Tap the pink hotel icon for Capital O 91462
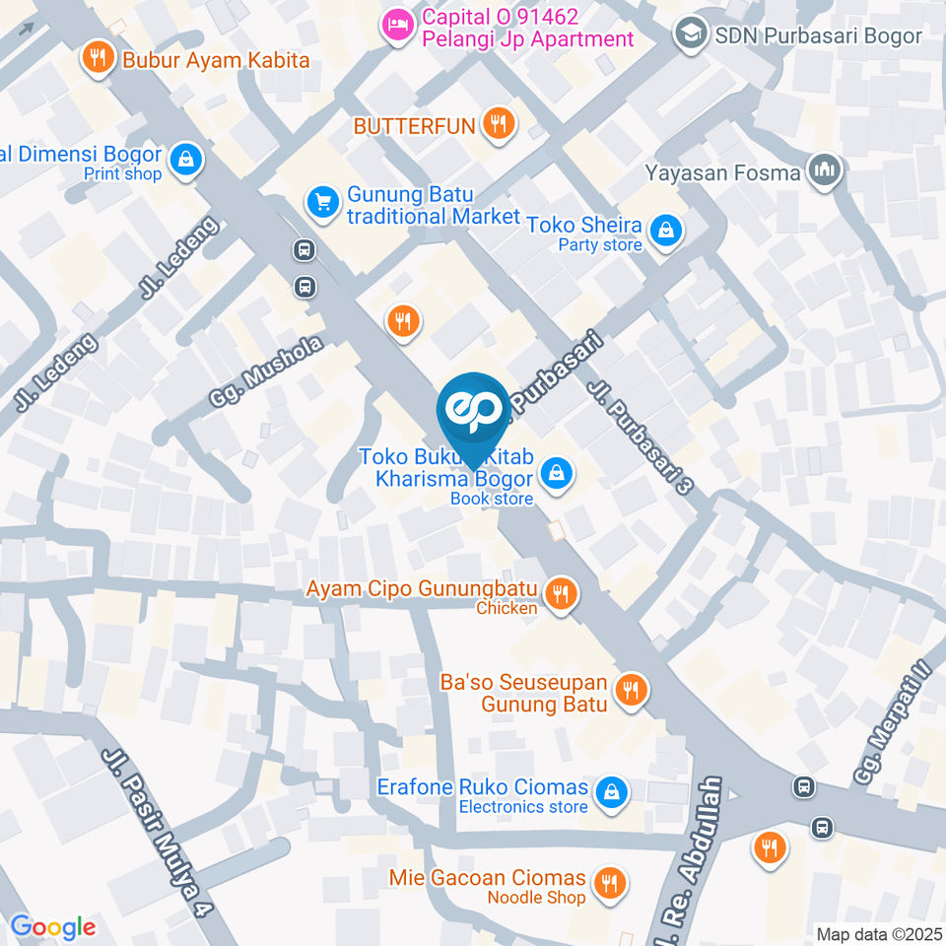(396, 26)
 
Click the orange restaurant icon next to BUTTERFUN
(500, 123)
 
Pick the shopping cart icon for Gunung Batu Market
(321, 203)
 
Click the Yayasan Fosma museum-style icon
(822, 170)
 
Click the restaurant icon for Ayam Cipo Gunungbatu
(561, 592)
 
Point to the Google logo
(53, 927)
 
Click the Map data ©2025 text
(879, 933)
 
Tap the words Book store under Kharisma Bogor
(492, 499)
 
